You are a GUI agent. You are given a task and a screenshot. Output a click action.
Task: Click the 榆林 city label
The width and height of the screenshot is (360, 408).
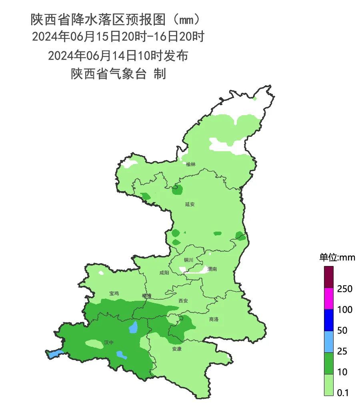coord(191,164)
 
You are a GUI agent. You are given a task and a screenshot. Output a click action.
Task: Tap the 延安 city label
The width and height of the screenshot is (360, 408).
coord(190,204)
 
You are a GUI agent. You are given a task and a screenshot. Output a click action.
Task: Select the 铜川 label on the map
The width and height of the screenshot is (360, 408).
coord(188,260)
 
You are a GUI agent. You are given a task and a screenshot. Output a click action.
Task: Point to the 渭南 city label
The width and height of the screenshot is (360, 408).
coord(212,269)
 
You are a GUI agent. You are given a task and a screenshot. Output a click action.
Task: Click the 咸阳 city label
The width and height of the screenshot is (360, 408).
coord(164,272)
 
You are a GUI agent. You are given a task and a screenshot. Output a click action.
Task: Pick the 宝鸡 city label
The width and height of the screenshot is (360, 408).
coord(114,293)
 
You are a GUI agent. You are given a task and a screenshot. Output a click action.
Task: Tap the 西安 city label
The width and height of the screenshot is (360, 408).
coord(183,301)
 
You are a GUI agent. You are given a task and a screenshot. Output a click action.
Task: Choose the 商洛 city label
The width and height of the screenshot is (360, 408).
coord(214,319)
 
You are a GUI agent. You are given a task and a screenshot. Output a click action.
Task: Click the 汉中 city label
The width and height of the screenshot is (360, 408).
coord(109,342)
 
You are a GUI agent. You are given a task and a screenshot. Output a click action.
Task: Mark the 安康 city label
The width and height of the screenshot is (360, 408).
coord(177,349)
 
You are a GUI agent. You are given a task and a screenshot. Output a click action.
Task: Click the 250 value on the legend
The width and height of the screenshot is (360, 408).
coord(344,289)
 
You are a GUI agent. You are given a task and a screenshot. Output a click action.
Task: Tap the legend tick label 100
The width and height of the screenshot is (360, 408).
coord(344,310)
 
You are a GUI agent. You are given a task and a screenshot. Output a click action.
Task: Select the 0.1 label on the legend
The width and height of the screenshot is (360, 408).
coord(343,393)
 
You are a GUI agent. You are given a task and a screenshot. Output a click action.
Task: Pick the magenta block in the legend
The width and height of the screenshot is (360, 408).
coord(328,298)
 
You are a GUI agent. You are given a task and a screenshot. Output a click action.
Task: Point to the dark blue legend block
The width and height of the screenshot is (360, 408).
coord(328,320)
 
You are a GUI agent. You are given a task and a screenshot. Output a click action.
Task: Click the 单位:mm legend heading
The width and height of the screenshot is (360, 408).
coord(337,257)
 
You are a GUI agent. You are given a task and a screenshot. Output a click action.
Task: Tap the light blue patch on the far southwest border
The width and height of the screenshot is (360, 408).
coord(55,354)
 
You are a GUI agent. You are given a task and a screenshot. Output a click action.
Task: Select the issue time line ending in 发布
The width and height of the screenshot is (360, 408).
coord(118,56)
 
